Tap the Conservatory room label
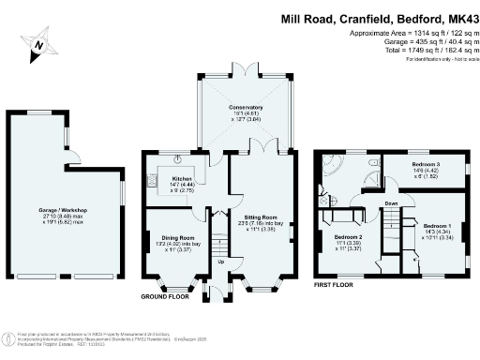click(247, 108)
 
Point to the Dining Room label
click(171, 238)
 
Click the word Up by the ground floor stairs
click(220, 262)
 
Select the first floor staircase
click(387, 230)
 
